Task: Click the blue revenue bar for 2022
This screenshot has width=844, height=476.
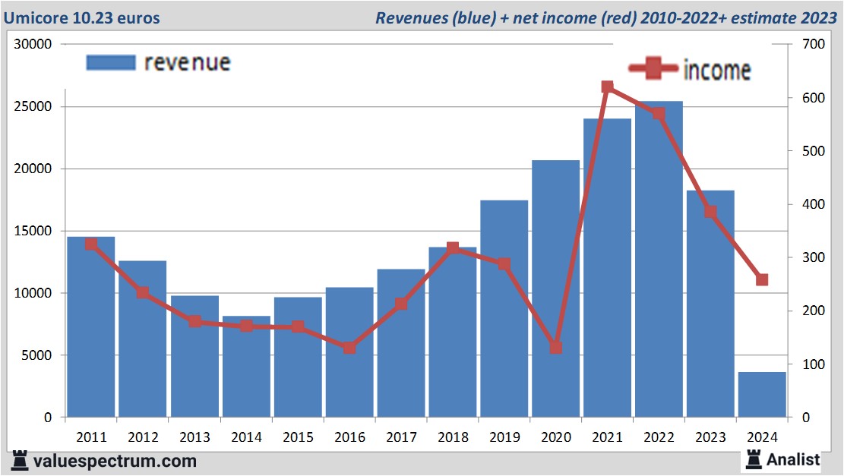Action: click(x=659, y=258)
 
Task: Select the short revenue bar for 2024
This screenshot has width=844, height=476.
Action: click(x=762, y=394)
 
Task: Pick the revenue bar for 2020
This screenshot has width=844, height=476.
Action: click(x=555, y=288)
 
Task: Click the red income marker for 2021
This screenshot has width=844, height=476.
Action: click(x=607, y=87)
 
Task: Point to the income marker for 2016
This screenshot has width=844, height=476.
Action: click(x=349, y=348)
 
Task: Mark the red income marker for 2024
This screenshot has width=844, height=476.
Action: click(x=762, y=280)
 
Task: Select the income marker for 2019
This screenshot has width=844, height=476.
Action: click(x=504, y=264)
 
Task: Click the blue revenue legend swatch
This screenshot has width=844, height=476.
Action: click(x=111, y=62)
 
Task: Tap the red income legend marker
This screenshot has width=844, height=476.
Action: click(x=653, y=69)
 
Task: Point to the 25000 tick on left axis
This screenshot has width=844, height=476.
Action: click(x=34, y=106)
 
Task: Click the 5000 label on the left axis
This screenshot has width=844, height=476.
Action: click(x=38, y=355)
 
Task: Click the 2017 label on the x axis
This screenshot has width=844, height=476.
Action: click(x=401, y=438)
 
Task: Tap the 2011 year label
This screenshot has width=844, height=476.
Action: click(x=91, y=438)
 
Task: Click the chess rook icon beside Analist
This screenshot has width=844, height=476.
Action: click(x=754, y=459)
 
